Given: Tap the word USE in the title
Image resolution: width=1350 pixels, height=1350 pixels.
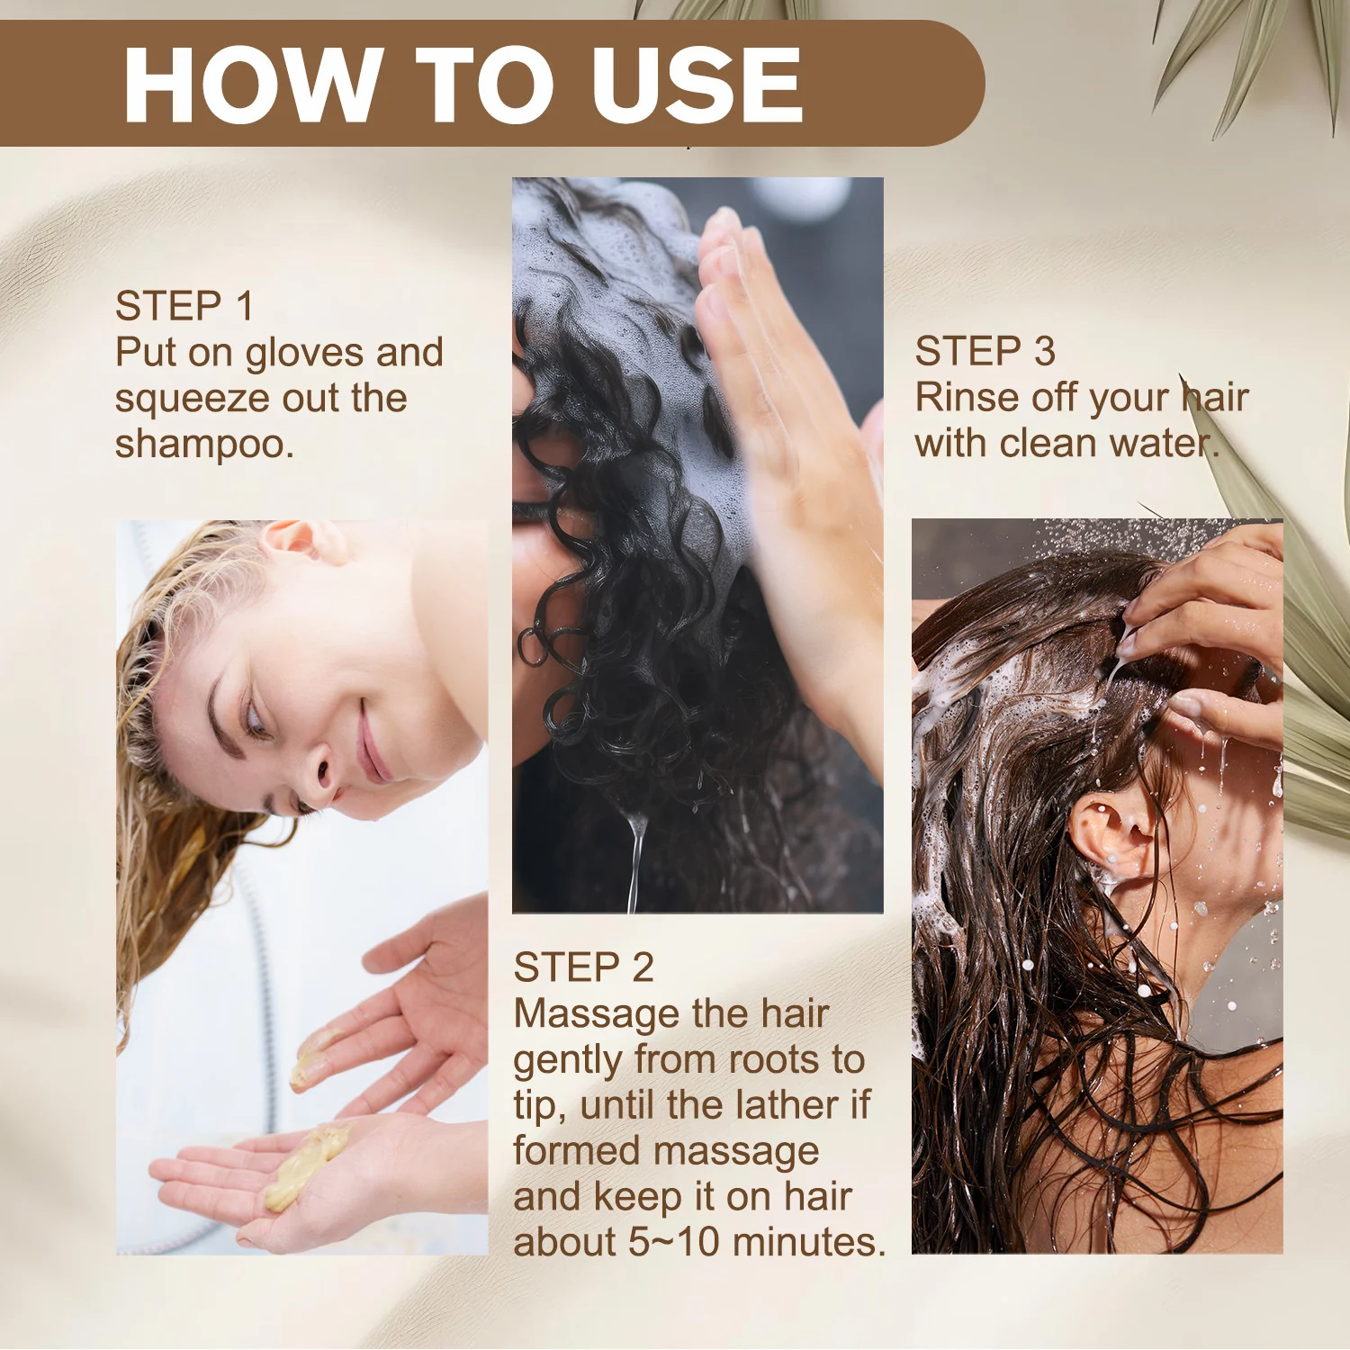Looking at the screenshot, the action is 697,85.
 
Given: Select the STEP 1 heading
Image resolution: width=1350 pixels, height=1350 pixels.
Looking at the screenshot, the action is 184,306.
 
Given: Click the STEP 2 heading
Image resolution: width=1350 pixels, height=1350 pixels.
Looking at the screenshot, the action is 583,967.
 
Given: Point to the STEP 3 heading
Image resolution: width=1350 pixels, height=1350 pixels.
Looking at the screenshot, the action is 985,351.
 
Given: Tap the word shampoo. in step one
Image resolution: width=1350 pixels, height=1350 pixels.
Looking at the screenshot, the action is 204,445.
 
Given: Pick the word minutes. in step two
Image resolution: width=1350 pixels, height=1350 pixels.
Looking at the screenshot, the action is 809,1242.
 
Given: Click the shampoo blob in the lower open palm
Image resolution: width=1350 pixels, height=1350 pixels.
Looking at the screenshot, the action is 306,1165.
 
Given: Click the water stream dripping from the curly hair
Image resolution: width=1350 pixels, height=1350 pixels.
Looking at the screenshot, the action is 636,859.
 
